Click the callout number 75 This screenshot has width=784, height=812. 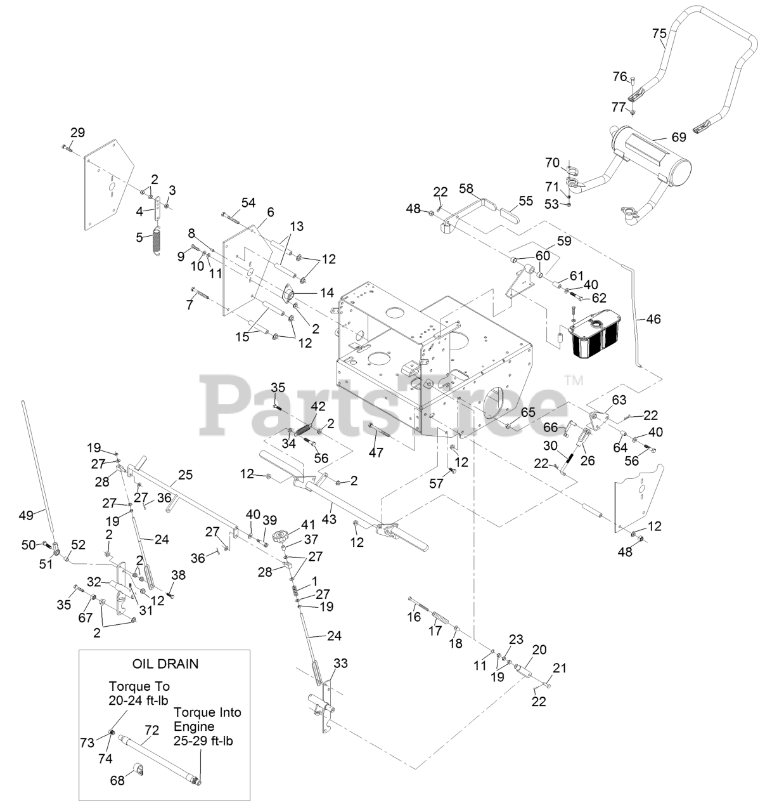point(659,34)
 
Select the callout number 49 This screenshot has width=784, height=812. point(25,515)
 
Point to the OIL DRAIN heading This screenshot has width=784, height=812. point(165,664)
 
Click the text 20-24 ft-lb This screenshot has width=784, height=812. point(139,700)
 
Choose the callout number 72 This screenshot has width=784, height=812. point(151,730)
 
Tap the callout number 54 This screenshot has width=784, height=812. point(248,202)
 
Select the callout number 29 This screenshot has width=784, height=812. point(77,133)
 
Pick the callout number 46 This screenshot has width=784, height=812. point(653,318)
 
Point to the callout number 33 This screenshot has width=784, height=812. point(340,664)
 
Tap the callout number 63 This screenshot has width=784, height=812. point(619,400)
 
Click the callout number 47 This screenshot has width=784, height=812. point(376,452)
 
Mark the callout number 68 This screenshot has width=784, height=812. point(117,780)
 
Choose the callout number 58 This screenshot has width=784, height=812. point(466,188)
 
